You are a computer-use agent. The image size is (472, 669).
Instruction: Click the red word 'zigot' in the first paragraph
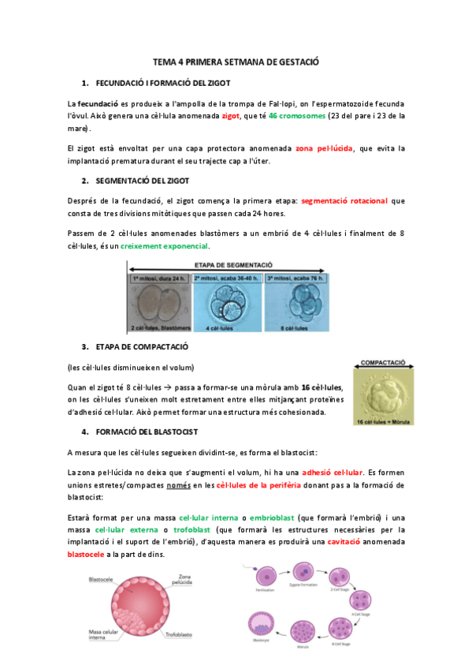(x=231, y=115)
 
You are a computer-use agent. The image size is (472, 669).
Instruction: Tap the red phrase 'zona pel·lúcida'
(x=323, y=148)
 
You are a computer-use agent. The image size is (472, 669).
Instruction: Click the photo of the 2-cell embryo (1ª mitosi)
(x=162, y=303)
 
